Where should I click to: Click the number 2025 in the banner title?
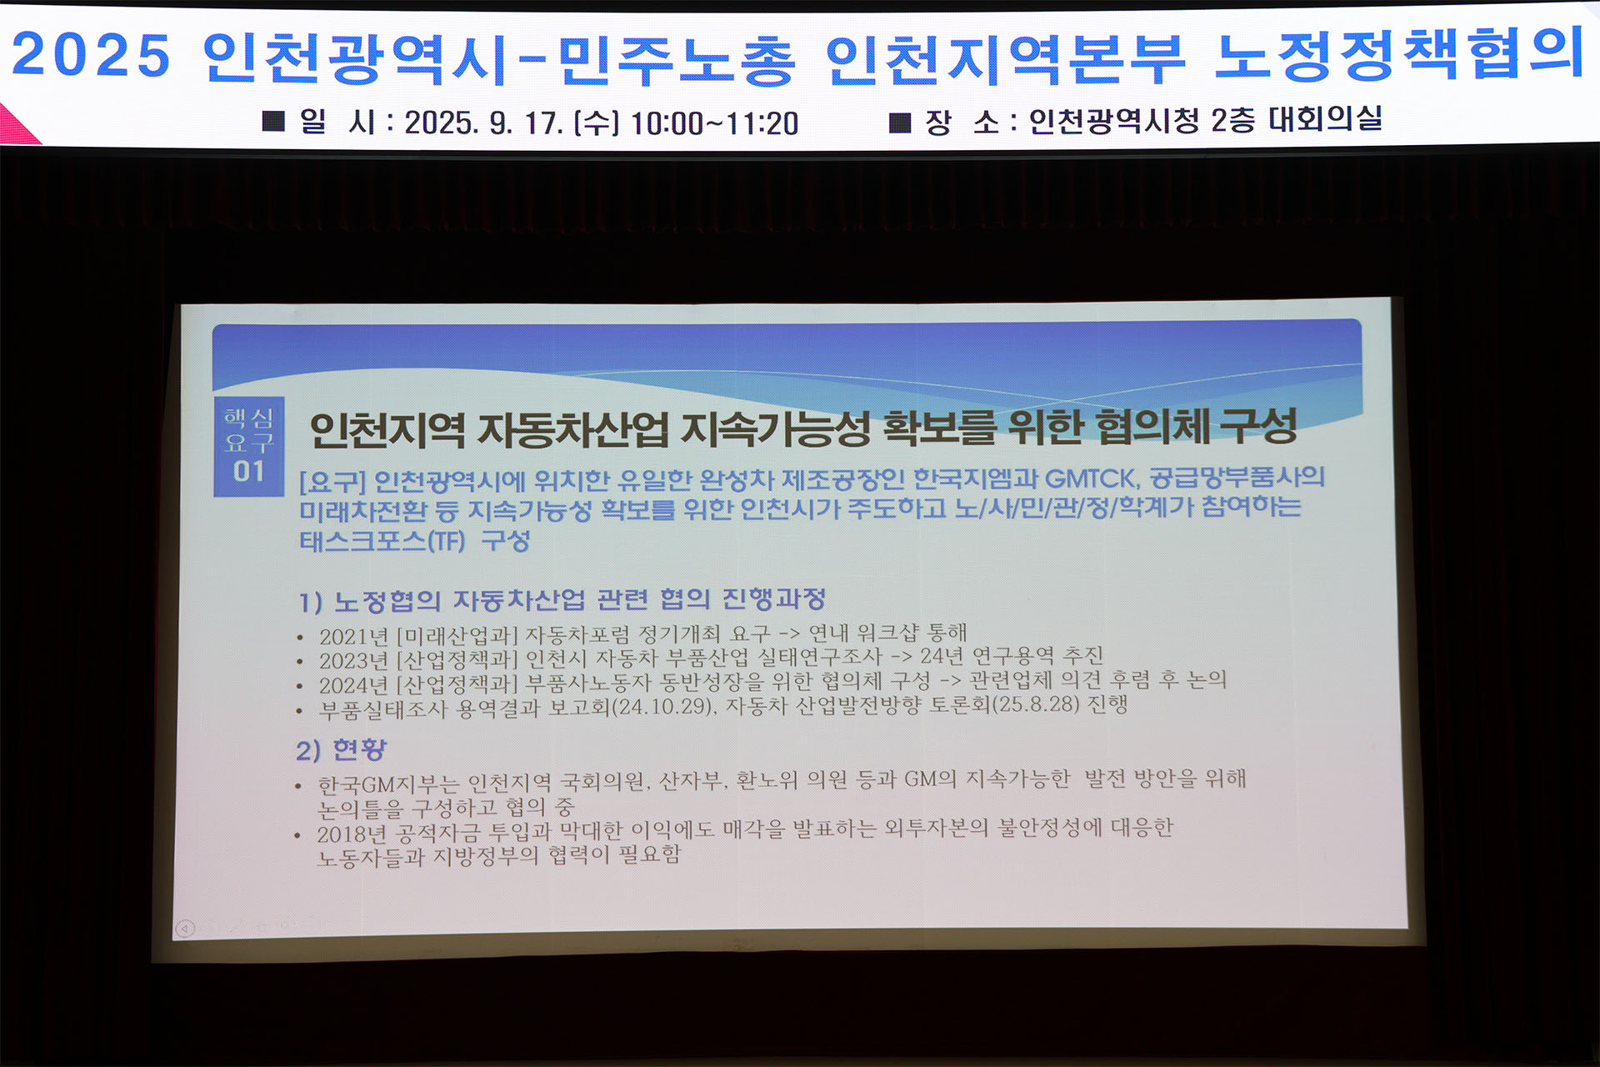click(x=91, y=56)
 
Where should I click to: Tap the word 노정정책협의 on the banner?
click(x=1400, y=54)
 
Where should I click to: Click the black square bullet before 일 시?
click(x=273, y=122)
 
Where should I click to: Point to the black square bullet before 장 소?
click(x=900, y=123)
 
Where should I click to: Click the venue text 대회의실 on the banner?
click(x=1325, y=119)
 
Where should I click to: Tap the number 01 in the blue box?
click(x=248, y=472)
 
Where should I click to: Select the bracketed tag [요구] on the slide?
click(x=332, y=482)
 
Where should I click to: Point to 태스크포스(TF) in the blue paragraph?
click(x=382, y=541)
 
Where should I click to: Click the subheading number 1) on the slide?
click(x=310, y=602)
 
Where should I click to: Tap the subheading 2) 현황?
click(x=342, y=750)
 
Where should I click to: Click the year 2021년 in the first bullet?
click(x=354, y=637)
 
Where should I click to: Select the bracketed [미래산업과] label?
click(x=457, y=636)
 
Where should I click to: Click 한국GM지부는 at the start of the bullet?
click(x=388, y=784)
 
